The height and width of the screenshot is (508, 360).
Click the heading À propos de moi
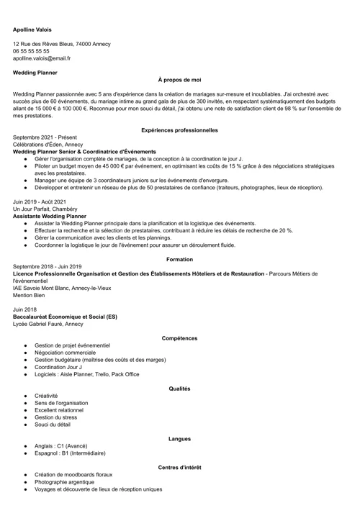(x=179, y=80)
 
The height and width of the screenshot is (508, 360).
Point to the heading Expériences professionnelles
(x=179, y=131)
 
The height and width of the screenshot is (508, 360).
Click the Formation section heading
(x=179, y=258)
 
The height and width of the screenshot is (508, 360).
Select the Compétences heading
(x=179, y=338)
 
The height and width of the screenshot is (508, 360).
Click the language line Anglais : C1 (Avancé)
(x=66, y=446)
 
